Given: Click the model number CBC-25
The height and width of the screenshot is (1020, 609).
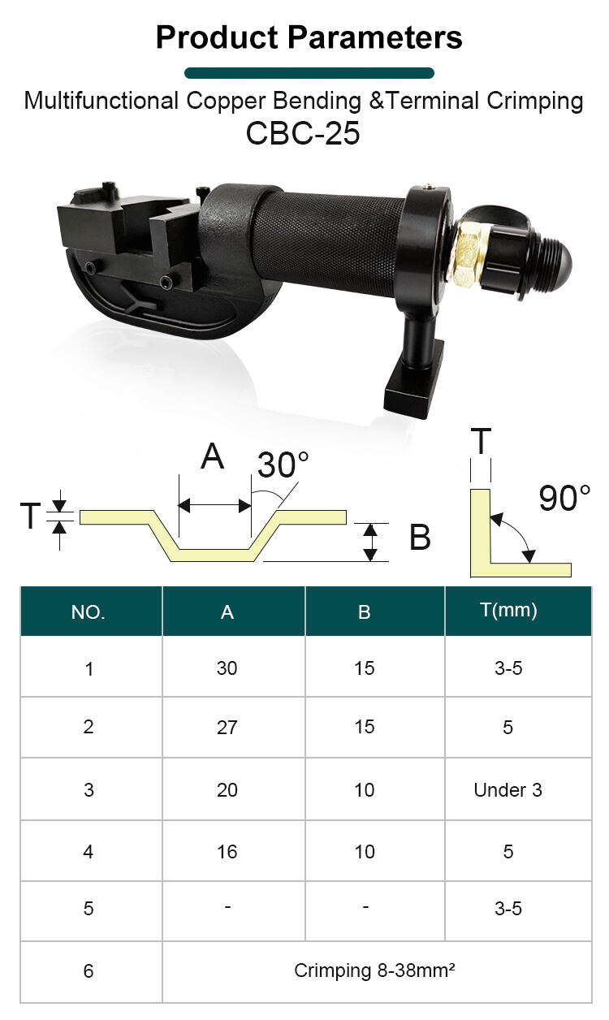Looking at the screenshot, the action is pos(303,133).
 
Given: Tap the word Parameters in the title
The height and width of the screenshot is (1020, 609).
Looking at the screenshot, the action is pos(375,37).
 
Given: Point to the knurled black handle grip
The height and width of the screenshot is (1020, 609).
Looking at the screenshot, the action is pos(329,244).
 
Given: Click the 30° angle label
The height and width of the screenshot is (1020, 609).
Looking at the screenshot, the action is pos(283,465).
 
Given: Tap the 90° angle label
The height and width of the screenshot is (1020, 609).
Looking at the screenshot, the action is pos(565,498).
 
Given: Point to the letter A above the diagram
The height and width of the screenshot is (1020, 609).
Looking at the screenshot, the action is pos(213,456).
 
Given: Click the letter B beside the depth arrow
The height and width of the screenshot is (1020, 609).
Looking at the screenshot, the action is pos(420,537).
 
